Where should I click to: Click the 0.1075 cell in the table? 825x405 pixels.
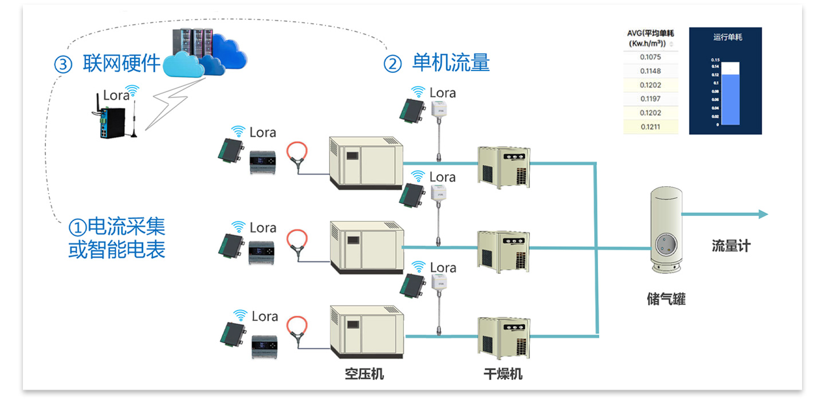[650, 57]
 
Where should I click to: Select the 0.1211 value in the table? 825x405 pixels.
[650, 127]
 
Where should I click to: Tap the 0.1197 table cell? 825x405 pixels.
[650, 99]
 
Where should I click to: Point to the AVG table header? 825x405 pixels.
[650, 38]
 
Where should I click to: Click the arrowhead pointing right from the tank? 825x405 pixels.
[763, 214]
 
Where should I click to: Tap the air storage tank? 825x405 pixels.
[665, 232]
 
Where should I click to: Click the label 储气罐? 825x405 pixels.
[666, 299]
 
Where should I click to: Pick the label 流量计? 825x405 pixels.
[730, 246]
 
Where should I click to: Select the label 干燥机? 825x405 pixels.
[502, 375]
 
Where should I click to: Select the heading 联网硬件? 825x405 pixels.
[121, 64]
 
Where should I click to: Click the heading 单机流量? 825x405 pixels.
[451, 63]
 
